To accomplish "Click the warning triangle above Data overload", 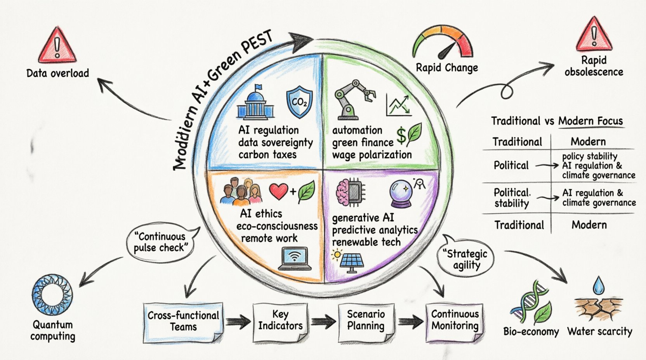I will (x=57, y=47).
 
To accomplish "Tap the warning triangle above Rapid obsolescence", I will (x=594, y=36).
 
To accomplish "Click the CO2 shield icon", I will (x=299, y=102).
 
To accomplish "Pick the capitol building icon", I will (x=255, y=102).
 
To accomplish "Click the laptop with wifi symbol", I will (x=295, y=259).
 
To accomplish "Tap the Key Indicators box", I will (x=280, y=320).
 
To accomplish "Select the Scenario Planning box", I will (x=366, y=320).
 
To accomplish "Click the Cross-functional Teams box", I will (x=183, y=321).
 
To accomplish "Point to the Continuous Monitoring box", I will (x=455, y=320).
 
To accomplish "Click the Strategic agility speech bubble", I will (x=466, y=260).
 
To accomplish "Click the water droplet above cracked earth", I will (x=598, y=285).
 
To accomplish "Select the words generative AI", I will (x=363, y=218).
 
